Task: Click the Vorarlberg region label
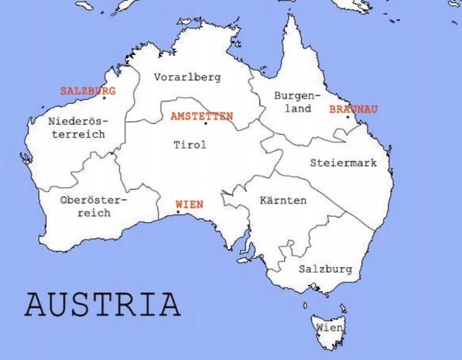(x=188, y=77)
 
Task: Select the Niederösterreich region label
(x=78, y=128)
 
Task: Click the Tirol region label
(x=190, y=145)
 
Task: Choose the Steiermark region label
(x=344, y=163)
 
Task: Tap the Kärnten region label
(x=283, y=200)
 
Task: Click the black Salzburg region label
(x=325, y=269)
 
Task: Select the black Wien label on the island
(x=329, y=327)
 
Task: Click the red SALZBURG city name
(x=88, y=90)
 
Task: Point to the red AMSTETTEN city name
(x=202, y=116)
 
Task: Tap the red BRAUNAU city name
(x=353, y=109)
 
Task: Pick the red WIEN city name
(x=190, y=204)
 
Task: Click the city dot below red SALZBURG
(x=104, y=98)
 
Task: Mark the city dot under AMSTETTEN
(x=206, y=123)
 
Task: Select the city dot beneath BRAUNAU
(x=348, y=117)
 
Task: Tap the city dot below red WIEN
(x=178, y=212)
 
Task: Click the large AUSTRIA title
(x=102, y=303)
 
